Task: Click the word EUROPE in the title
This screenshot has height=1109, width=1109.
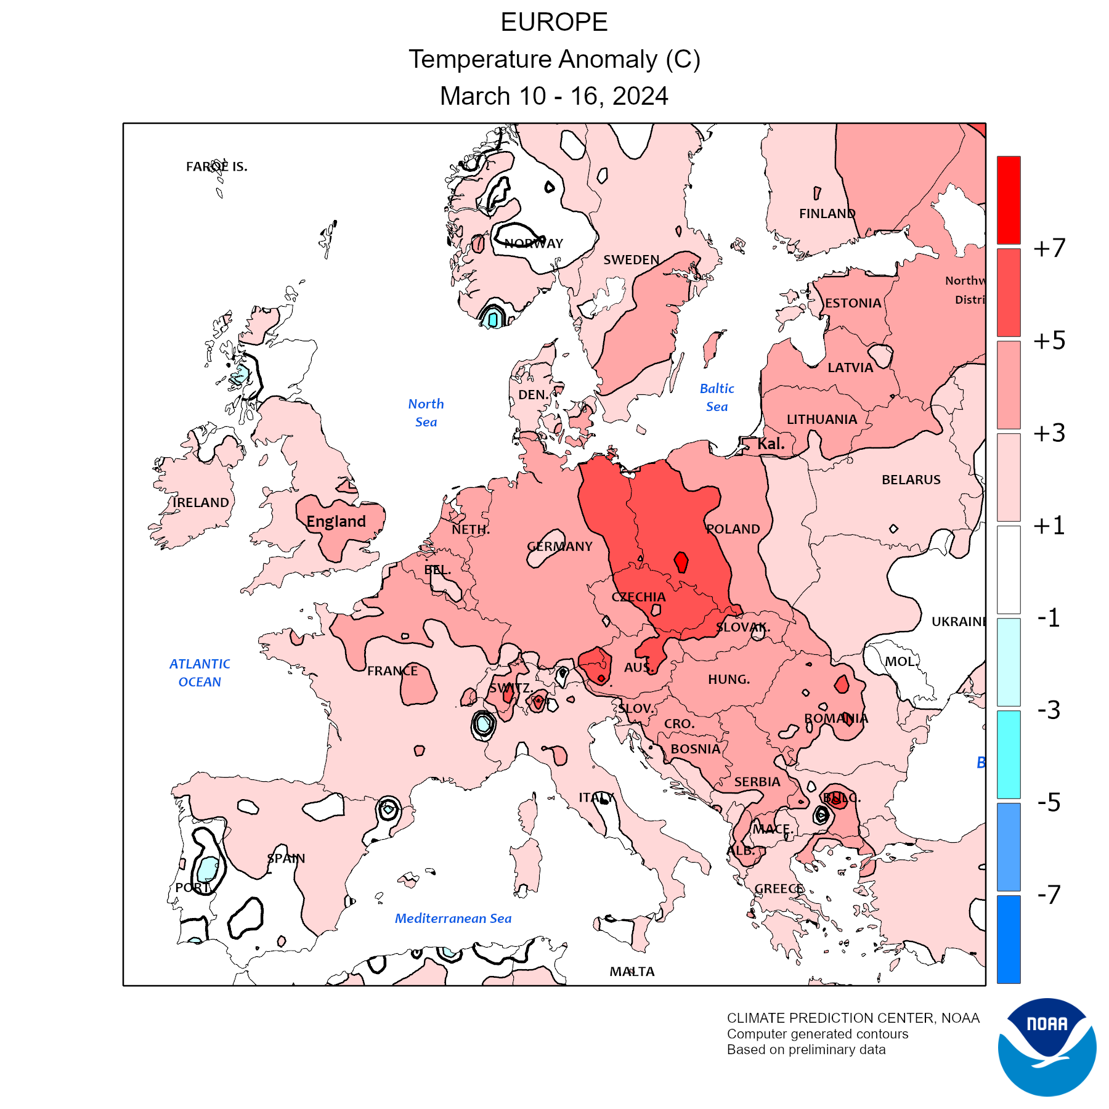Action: point(554,23)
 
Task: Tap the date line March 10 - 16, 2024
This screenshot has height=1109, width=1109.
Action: point(554,96)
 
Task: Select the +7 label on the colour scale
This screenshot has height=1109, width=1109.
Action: point(1049,248)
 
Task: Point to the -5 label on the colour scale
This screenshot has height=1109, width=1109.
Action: point(1049,802)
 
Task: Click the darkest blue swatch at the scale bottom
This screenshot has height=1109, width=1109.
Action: point(1009,939)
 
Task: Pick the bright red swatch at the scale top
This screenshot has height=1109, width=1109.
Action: point(1009,200)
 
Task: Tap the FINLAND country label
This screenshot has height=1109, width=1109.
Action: point(827,214)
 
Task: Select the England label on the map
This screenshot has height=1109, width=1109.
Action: point(336,522)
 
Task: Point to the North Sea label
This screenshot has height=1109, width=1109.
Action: point(426,413)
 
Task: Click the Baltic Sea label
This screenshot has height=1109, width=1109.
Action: point(717,397)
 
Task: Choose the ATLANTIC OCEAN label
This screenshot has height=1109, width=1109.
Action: point(200,673)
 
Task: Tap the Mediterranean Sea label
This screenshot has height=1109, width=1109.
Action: point(453,919)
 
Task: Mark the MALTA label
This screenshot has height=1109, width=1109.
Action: point(632,972)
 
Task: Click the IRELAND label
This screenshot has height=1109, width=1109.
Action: point(200,503)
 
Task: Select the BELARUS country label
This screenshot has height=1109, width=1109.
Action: point(911,480)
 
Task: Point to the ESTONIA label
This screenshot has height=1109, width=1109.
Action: point(853,303)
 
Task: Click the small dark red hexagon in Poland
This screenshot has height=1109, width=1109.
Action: point(681,562)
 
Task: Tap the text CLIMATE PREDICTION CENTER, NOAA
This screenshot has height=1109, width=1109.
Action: point(853,1018)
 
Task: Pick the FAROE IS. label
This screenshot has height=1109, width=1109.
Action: point(216,167)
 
